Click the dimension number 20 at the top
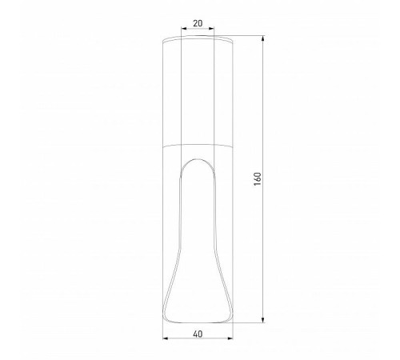198,23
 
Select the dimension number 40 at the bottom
198,337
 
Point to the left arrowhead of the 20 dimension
184,31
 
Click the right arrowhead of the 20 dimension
214,31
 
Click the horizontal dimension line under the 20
198,31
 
